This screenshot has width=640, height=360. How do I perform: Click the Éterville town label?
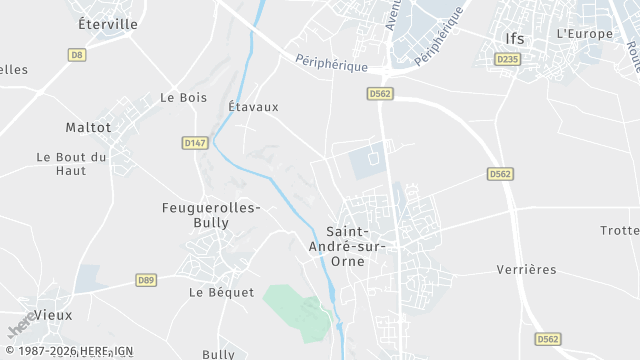click(x=108, y=23)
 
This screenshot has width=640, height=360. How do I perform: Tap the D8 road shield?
click(x=77, y=55)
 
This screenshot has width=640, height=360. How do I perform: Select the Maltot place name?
click(x=88, y=127)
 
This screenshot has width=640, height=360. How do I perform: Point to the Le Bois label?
click(x=182, y=98)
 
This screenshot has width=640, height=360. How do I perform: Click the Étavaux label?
click(x=253, y=106)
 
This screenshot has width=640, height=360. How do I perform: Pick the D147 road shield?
click(x=195, y=143)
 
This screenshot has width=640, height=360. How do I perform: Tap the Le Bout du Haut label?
click(x=71, y=163)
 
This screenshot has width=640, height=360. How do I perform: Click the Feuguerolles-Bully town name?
click(x=211, y=215)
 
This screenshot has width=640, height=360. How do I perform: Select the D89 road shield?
click(x=147, y=280)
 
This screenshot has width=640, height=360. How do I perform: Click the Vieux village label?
click(x=53, y=314)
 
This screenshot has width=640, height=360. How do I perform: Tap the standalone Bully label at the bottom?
click(x=218, y=354)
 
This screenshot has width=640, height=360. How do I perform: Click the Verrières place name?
click(x=526, y=270)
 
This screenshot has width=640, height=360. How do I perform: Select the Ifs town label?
click(x=514, y=39)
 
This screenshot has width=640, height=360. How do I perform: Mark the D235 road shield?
click(x=508, y=60)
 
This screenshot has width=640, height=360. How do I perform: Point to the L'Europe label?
click(x=583, y=33)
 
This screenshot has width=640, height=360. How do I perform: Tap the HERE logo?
click(x=18, y=327)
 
